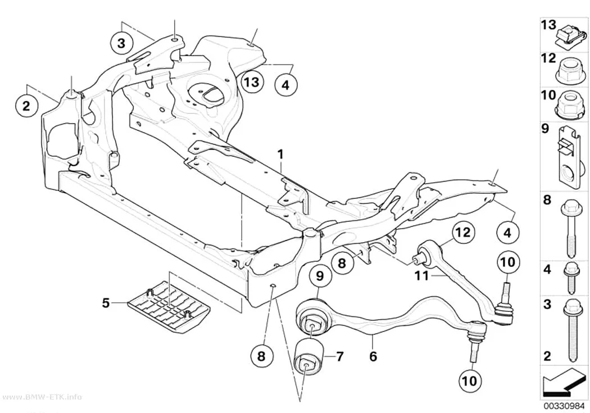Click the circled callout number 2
click(26, 106)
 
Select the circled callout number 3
click(121, 43)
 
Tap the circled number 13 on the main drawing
click(252, 81)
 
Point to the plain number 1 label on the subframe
click(280, 154)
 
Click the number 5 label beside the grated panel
click(106, 302)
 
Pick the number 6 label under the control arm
click(373, 356)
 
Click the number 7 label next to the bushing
click(339, 356)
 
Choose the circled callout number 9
click(320, 276)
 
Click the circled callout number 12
click(464, 233)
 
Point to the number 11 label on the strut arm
click(421, 276)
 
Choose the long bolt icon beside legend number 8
click(570, 228)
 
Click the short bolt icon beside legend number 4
click(570, 278)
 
